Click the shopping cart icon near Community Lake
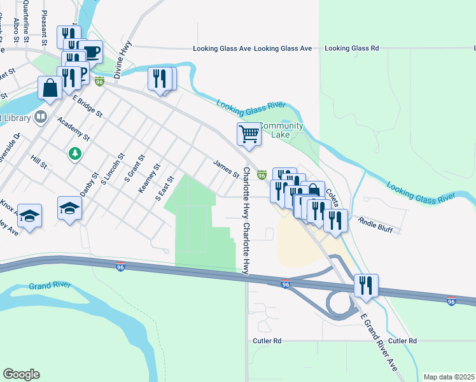click(x=249, y=134)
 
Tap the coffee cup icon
click(x=92, y=52)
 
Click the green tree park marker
click(x=75, y=153)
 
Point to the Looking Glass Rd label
click(x=351, y=48)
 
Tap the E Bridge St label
click(x=87, y=106)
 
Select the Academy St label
click(x=73, y=129)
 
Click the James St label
click(x=226, y=169)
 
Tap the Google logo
click(x=21, y=374)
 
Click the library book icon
click(x=41, y=117)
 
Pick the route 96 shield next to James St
click(x=262, y=174)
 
